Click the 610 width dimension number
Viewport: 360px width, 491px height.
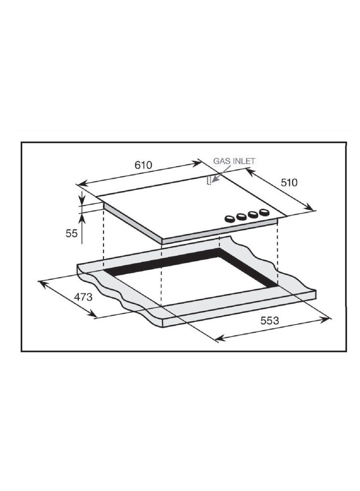[143, 164]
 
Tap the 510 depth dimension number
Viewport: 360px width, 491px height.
[289, 182]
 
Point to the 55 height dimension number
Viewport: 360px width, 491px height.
[72, 233]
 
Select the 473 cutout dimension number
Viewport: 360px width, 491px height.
[83, 297]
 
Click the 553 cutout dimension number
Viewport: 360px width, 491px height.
[270, 320]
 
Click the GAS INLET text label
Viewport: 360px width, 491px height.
[234, 161]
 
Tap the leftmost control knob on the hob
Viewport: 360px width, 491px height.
[230, 219]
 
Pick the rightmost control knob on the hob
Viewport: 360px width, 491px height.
[264, 212]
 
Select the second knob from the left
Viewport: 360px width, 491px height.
[241, 217]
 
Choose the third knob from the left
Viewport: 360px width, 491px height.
[253, 215]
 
